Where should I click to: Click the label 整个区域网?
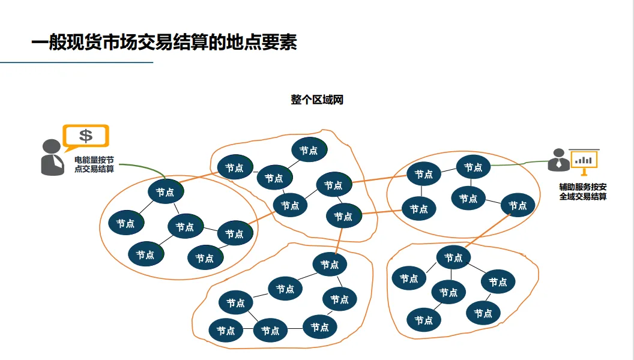click(316, 100)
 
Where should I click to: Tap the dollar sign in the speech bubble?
click(86, 136)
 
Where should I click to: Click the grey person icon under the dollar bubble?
click(51, 157)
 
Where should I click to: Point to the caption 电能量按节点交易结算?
click(94, 164)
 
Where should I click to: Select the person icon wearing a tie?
click(558, 160)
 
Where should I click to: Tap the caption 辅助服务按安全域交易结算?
click(582, 191)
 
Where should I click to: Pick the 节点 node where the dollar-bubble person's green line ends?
click(165, 192)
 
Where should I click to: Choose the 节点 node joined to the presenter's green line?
click(473, 167)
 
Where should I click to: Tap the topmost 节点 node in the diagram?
click(309, 150)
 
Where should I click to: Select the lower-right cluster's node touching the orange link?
click(453, 258)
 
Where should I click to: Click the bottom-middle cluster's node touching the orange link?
click(330, 265)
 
